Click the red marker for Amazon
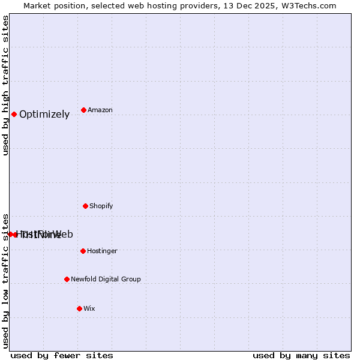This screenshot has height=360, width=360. pos(83,110)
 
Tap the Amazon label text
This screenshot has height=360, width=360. pos(100,110)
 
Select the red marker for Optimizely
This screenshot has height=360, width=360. pos(14,114)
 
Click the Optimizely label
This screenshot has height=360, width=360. pos(44,115)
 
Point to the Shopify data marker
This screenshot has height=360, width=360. pos(85,206)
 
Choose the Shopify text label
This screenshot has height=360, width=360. pos(101,206)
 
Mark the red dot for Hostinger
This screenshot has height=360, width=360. pos(83,251)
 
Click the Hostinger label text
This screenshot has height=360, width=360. pos(102,251)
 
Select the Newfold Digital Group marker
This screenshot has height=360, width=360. pos(67,279)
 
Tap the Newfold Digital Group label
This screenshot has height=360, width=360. pos(106,280)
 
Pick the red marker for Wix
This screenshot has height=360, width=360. pos(79,308)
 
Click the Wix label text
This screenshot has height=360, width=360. pos(89,309)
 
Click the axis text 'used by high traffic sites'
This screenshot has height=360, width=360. pos(5,85)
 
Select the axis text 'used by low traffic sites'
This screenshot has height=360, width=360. pos(5,281)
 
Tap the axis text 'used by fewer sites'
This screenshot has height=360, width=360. pos(62,355)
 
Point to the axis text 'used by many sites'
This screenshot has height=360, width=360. pos(301,355)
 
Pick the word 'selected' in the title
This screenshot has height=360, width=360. pos(111,5)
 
